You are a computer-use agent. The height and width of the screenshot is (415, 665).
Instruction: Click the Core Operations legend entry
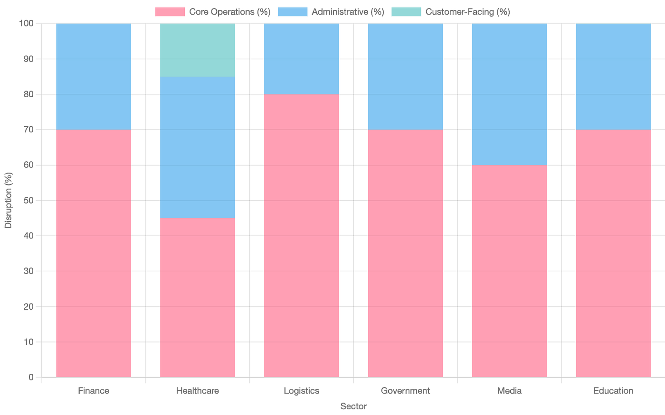pyautogui.click(x=212, y=12)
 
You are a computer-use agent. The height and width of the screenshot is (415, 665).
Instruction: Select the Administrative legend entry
pyautogui.click(x=331, y=12)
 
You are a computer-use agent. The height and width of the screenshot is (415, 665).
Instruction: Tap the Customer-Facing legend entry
pyautogui.click(x=451, y=12)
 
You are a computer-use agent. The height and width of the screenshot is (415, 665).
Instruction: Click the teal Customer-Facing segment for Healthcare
pyautogui.click(x=198, y=50)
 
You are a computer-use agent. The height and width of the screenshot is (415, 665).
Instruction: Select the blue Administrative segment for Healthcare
pyautogui.click(x=198, y=147)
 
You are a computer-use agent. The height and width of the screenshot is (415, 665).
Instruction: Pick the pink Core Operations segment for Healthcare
pyautogui.click(x=198, y=297)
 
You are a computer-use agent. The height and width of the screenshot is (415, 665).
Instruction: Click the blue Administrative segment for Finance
pyautogui.click(x=93, y=76)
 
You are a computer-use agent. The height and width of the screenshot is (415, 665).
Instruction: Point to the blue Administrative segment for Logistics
pyautogui.click(x=302, y=59)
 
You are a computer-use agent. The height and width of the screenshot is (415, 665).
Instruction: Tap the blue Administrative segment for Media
pyautogui.click(x=509, y=94)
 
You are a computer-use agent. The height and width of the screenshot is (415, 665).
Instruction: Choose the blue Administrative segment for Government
pyautogui.click(x=405, y=76)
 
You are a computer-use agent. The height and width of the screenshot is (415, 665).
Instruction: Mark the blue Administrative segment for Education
pyautogui.click(x=613, y=76)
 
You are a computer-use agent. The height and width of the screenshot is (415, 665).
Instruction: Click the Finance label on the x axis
pyautogui.click(x=93, y=390)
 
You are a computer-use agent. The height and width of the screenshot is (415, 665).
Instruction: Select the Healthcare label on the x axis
pyautogui.click(x=198, y=390)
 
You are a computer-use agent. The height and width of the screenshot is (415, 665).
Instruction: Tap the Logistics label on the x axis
pyautogui.click(x=302, y=390)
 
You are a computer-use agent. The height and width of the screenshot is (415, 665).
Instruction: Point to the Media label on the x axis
pyautogui.click(x=510, y=390)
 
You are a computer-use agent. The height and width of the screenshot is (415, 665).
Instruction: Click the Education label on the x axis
pyautogui.click(x=613, y=390)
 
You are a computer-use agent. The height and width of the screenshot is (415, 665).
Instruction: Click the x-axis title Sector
pyautogui.click(x=353, y=406)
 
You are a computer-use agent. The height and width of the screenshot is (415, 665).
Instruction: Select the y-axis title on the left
pyautogui.click(x=9, y=200)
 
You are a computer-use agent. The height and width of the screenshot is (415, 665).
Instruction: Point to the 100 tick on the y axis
pyautogui.click(x=26, y=23)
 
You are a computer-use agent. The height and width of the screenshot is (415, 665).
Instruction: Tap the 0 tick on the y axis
pyautogui.click(x=31, y=377)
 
